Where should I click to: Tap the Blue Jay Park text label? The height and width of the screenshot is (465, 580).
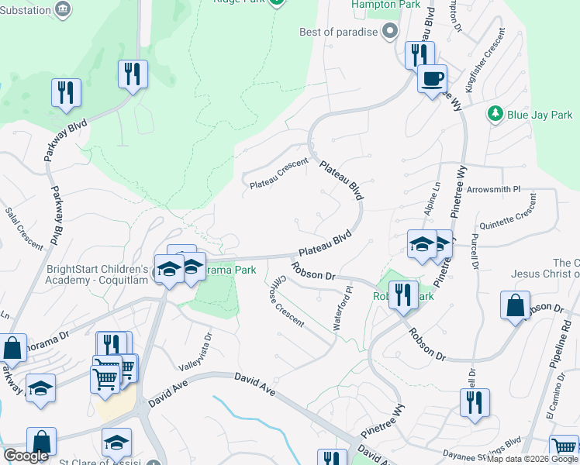tap(540, 115)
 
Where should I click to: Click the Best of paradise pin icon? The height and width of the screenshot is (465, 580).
tap(390, 32)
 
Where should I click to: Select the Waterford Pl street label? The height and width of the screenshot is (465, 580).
tap(342, 308)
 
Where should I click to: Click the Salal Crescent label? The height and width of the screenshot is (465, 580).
tap(24, 228)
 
